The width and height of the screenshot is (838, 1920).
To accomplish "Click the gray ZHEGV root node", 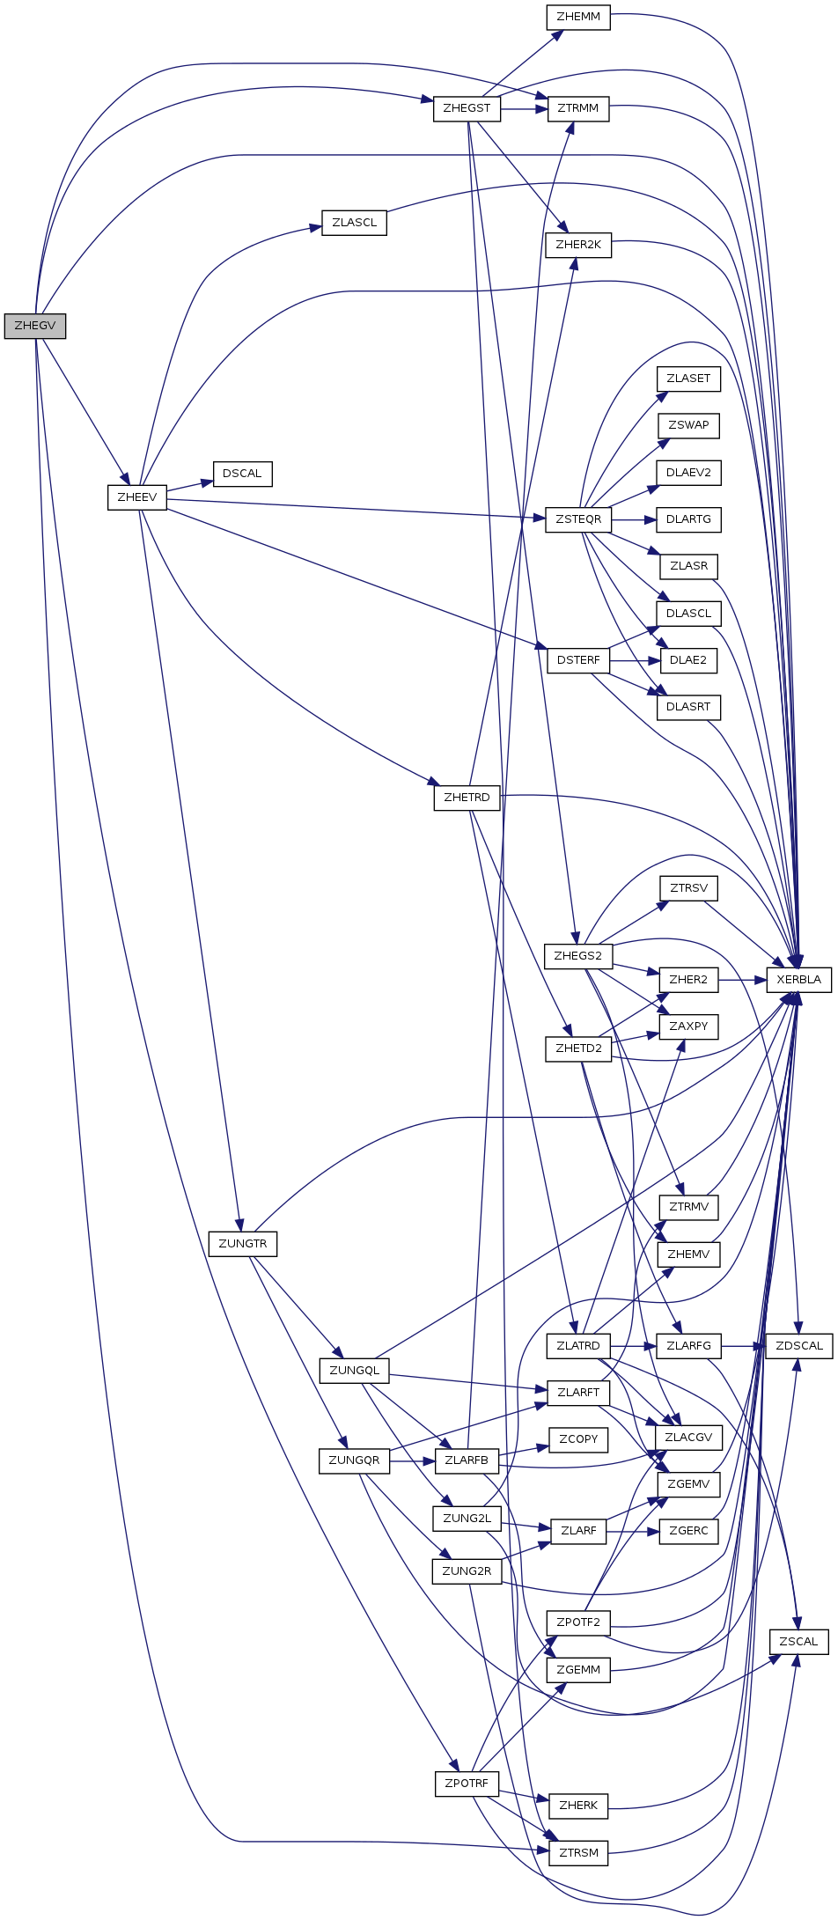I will click(x=35, y=326).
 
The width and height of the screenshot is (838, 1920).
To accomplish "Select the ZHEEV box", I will click(x=136, y=497).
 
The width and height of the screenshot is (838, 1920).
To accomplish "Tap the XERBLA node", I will click(x=798, y=979).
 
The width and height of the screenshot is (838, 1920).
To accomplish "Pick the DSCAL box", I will click(x=242, y=474).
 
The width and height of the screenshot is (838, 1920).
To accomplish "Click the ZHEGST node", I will click(x=467, y=108).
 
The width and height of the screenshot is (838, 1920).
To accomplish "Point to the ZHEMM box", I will click(x=578, y=17).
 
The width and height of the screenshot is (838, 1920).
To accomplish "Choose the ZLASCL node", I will click(x=354, y=223).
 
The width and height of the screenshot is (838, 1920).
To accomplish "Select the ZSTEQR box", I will click(x=578, y=519).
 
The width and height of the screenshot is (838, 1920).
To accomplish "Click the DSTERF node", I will click(x=578, y=660).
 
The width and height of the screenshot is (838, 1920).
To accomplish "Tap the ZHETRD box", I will click(x=467, y=798).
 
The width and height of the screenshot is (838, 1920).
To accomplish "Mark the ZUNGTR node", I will click(x=242, y=1244).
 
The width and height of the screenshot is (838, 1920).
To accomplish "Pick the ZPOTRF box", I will click(x=467, y=1784).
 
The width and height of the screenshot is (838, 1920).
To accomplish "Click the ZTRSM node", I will click(x=578, y=1853).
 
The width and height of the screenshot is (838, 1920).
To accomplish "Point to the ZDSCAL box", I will click(x=798, y=1346).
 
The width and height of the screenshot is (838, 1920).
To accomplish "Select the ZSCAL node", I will click(x=798, y=1642).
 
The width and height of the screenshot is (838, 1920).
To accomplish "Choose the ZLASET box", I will click(x=688, y=379).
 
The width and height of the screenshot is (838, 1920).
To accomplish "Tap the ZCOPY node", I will click(x=578, y=1439).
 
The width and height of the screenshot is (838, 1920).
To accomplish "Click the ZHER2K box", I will click(x=578, y=245).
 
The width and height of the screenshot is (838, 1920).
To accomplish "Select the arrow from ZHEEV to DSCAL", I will click(x=189, y=486).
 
